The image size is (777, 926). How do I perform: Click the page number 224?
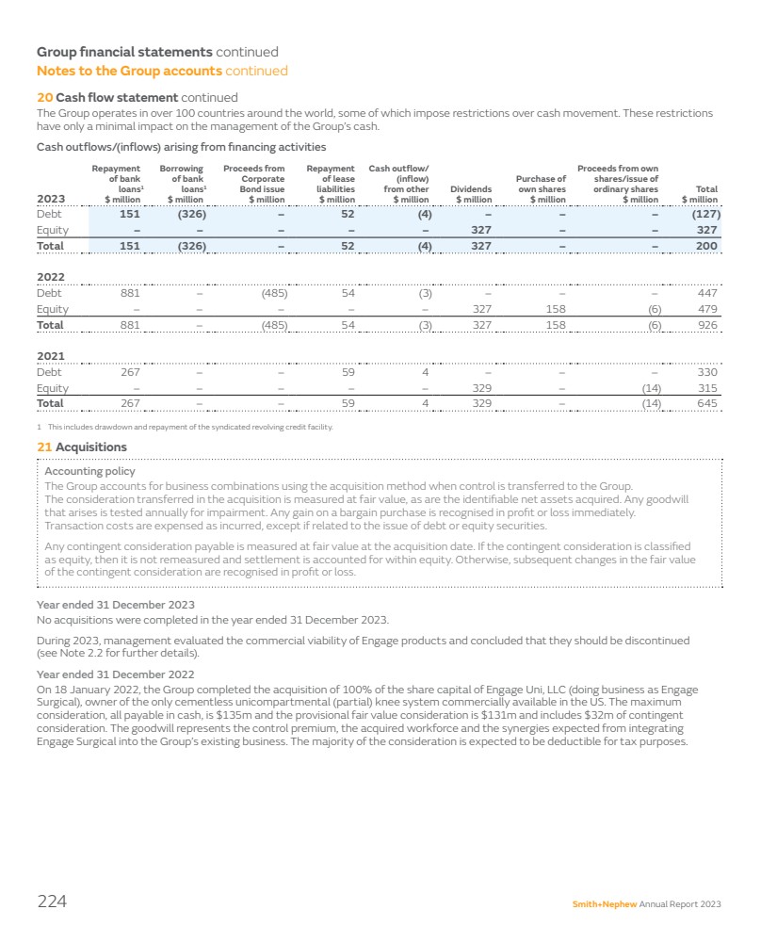[x=52, y=902]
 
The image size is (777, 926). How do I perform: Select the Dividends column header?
[x=474, y=194]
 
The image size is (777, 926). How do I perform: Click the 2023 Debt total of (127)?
[x=702, y=214]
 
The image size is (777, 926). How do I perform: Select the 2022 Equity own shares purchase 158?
[x=555, y=309]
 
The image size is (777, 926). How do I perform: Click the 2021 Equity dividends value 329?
[x=480, y=387]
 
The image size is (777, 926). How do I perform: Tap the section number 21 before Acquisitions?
[x=43, y=447]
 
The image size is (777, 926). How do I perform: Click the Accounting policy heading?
[x=90, y=471]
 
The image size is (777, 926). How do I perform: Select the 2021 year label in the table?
[x=50, y=355]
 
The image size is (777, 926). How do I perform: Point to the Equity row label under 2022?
[x=52, y=309]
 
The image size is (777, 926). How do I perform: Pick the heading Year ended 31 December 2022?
[x=116, y=674]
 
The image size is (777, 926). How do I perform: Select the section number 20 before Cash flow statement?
[x=43, y=97]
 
